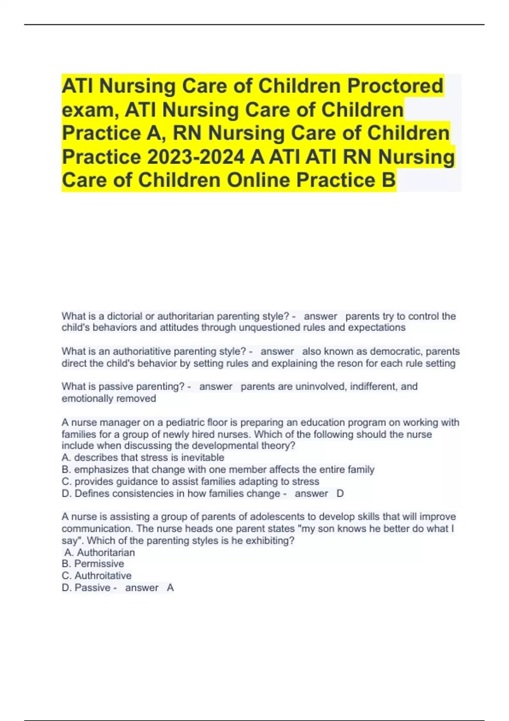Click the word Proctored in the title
pyautogui.click(x=395, y=86)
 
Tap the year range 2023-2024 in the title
pyautogui.click(x=196, y=157)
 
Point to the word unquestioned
pyautogui.click(x=269, y=327)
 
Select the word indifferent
pyautogui.click(x=366, y=387)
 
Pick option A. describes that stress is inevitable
pyautogui.click(x=143, y=458)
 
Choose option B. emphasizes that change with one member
pyautogui.click(x=218, y=469)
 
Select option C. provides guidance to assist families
pyautogui.click(x=190, y=481)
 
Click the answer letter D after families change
pyautogui.click(x=340, y=494)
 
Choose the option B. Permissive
pyautogui.click(x=93, y=564)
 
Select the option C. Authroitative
pyautogui.click(x=97, y=576)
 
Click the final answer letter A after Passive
pyautogui.click(x=171, y=588)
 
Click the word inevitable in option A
pyautogui.click(x=202, y=458)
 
